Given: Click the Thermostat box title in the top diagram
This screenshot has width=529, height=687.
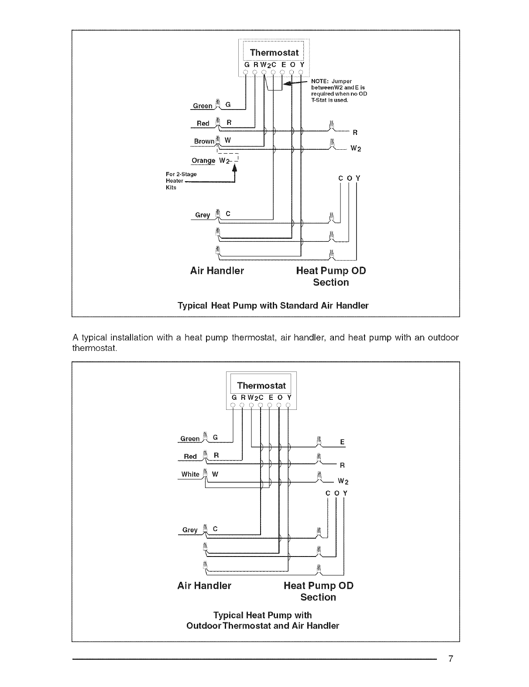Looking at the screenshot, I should [274, 53].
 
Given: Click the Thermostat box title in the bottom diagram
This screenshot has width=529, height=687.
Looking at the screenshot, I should [261, 385].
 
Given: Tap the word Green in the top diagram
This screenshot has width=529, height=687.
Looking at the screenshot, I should [203, 106].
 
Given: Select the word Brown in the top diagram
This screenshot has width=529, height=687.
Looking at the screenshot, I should [204, 141].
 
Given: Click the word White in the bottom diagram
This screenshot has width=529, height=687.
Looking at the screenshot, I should [190, 474].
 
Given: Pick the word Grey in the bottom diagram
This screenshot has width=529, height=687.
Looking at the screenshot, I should [190, 530].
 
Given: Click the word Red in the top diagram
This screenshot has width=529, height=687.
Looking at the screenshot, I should [203, 124].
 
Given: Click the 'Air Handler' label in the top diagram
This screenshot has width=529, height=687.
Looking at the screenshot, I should [217, 271].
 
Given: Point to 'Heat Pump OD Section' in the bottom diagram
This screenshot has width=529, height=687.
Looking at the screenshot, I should [318, 591].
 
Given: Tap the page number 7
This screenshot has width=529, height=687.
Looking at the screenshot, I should [451, 659].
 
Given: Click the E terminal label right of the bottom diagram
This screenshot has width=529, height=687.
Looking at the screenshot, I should [342, 442].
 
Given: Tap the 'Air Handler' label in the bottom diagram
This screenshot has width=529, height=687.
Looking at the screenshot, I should [204, 585].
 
